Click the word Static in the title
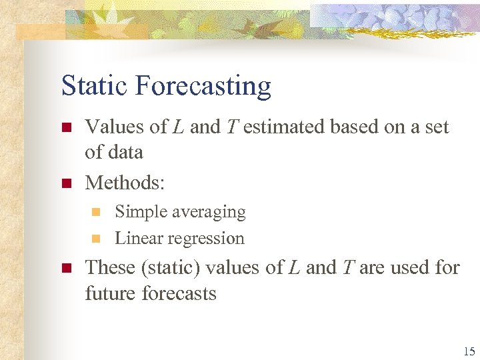(95, 86)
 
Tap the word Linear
(137, 238)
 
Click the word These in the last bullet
(110, 267)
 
